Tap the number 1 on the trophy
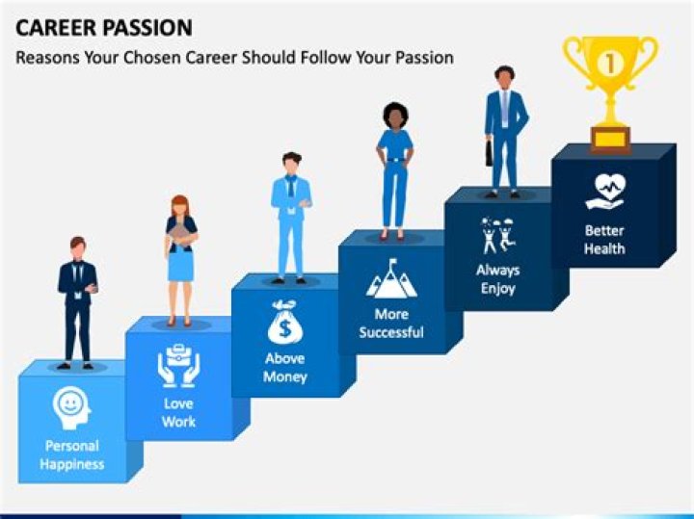tap(609, 64)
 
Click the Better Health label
tap(604, 240)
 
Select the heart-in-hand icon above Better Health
tap(605, 191)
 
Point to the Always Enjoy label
tap(497, 279)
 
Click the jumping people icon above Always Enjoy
tap(497, 235)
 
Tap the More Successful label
tap(390, 323)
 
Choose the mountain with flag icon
tap(390, 278)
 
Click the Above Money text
tap(284, 367)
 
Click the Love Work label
tap(178, 412)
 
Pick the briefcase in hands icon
tap(178, 366)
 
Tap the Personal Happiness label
tap(71, 455)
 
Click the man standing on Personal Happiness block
tap(77, 300)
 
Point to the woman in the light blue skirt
tap(180, 258)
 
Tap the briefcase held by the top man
tap(489, 153)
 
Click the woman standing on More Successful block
tap(395, 169)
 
